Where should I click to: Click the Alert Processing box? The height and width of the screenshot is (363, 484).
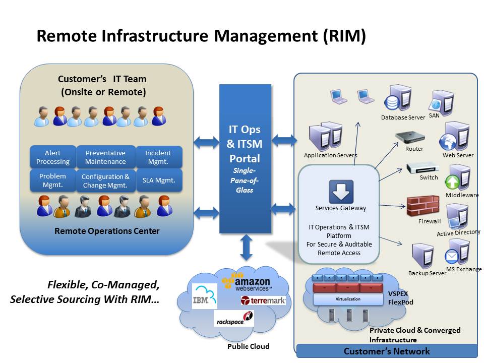[52, 157]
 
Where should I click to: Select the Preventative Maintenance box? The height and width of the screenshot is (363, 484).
[105, 157]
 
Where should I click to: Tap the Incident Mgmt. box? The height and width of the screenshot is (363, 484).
[158, 157]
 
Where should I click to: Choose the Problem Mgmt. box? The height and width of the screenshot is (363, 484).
[52, 180]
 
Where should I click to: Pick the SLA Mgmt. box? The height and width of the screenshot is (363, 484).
[159, 180]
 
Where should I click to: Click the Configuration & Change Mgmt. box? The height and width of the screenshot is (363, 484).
[105, 181]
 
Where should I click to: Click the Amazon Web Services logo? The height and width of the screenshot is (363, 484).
[247, 282]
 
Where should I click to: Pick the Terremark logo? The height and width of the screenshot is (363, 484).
[263, 300]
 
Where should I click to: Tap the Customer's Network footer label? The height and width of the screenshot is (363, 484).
[386, 351]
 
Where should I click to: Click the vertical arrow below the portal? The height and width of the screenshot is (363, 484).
[247, 247]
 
